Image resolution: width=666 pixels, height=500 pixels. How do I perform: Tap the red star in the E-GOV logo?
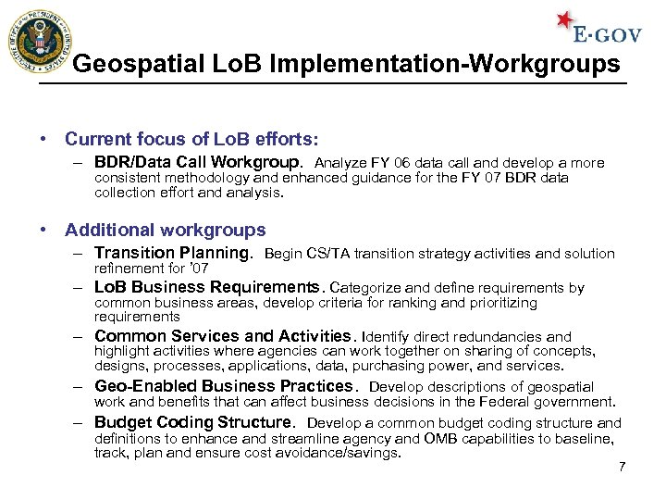point(565,21)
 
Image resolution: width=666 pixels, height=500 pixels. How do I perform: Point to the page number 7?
point(622,467)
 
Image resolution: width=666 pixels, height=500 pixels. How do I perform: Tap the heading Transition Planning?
point(173,253)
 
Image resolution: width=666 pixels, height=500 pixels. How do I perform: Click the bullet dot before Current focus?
point(44,139)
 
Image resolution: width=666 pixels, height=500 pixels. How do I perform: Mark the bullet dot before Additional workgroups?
point(44,230)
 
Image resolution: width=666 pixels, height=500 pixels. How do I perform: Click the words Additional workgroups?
point(166,230)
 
